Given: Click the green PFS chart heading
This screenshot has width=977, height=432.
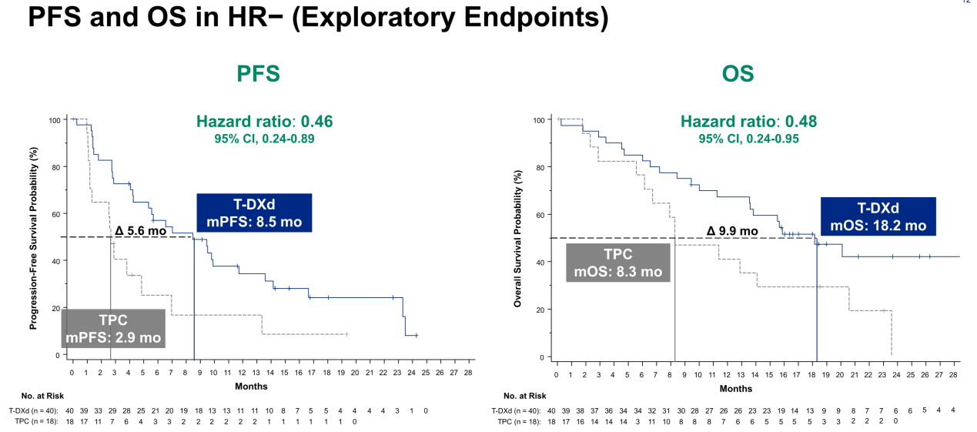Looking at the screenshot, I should click(257, 74).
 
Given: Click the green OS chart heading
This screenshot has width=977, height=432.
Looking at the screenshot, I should click(738, 74).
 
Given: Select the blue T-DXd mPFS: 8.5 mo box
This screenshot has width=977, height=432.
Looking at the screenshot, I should click(254, 213).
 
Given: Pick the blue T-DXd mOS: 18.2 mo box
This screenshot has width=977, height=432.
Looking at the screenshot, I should click(878, 216).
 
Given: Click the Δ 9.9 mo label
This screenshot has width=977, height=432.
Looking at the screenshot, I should click(731, 230).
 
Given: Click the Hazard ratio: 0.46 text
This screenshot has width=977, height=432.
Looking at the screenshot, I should click(264, 122).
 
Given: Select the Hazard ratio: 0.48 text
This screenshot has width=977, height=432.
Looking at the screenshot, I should click(748, 122).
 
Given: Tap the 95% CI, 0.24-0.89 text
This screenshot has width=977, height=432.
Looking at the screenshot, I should click(264, 139).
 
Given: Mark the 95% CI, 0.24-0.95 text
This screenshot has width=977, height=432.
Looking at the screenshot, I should click(748, 139).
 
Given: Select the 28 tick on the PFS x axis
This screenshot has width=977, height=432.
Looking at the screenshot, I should click(467, 373).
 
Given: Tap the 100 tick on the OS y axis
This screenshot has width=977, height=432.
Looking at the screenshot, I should click(540, 120).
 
